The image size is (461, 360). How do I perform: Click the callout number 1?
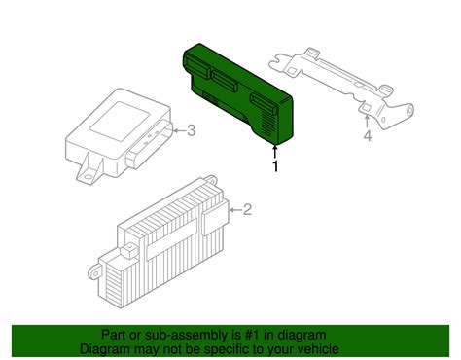(x=276, y=167)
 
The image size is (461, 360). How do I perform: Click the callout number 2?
(x=247, y=208)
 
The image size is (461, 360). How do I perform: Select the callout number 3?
(x=192, y=130)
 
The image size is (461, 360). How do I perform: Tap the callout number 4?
(x=368, y=137)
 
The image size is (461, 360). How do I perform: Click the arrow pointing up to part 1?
(x=276, y=150)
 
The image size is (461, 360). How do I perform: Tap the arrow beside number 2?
(x=233, y=209)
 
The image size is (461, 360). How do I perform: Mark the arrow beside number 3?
(x=179, y=130)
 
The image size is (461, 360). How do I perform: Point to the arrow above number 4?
(x=367, y=120)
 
